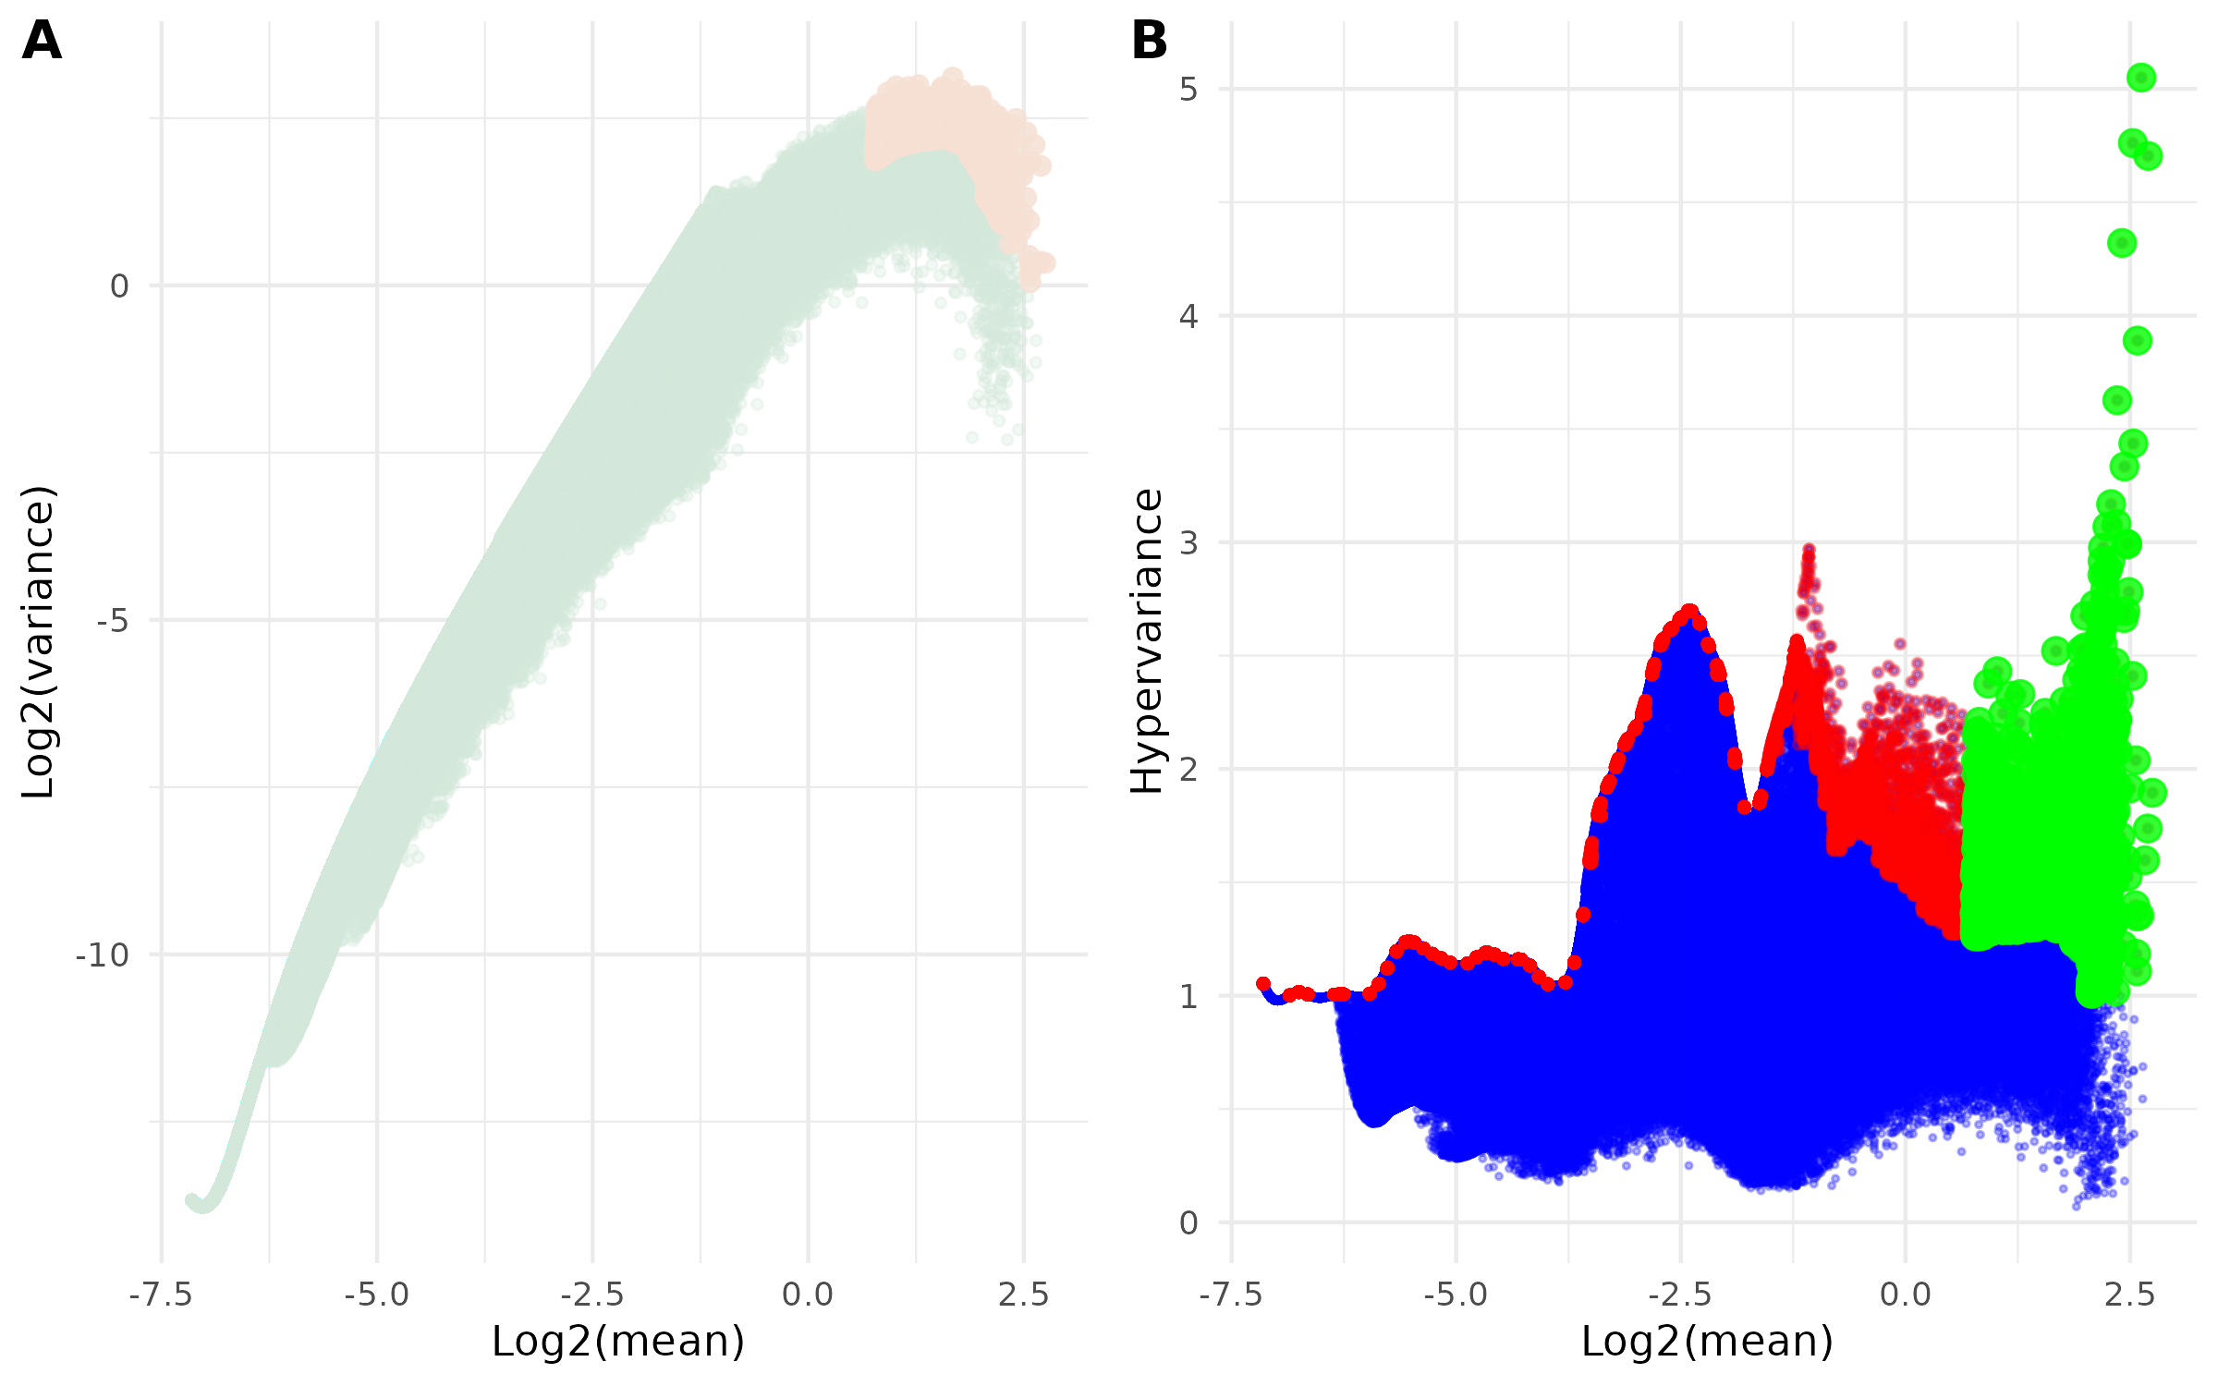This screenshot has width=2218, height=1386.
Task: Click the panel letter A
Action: [42, 42]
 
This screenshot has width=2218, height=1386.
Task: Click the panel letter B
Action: [1150, 42]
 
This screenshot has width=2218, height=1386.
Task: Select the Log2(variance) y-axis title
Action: [39, 641]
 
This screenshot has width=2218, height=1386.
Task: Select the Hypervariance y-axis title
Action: [1148, 641]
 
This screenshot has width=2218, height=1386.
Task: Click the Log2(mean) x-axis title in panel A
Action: [617, 1342]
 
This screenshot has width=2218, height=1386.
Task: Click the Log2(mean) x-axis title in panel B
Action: [1707, 1342]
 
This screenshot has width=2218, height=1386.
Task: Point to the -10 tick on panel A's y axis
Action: [103, 955]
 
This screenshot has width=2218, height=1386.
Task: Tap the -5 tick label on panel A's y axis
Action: [113, 621]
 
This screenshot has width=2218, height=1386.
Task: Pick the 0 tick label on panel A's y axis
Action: [119, 286]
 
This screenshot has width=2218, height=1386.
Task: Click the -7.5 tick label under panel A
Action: [161, 1295]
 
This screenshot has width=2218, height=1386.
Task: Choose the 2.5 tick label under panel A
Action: [1024, 1295]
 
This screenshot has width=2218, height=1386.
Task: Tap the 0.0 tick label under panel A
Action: [808, 1295]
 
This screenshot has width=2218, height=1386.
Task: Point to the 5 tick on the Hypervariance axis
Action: [1188, 90]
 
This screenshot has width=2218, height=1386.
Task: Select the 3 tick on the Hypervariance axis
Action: [1188, 543]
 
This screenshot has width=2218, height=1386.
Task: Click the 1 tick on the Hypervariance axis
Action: [1188, 997]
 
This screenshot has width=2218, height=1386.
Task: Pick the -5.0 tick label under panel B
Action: [1456, 1295]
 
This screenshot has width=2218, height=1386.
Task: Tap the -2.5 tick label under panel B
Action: [1680, 1295]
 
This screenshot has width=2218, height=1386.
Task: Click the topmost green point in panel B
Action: [2141, 78]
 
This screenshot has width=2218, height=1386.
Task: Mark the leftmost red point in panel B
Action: [1263, 984]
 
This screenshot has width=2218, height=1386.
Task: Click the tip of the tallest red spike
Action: [1809, 550]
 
